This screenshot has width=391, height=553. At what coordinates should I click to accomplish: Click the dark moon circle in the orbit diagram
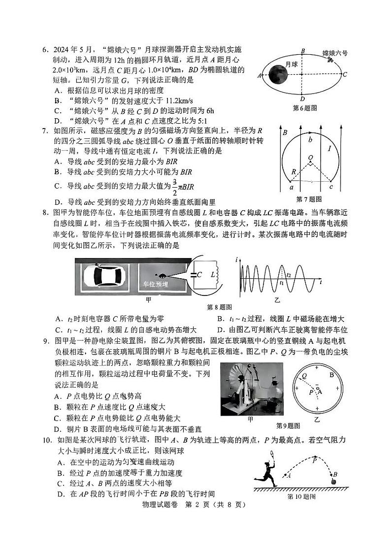coord(277,75)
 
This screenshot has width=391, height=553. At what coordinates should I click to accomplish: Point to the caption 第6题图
coord(304,107)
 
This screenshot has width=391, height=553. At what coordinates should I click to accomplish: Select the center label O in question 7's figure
coord(310,158)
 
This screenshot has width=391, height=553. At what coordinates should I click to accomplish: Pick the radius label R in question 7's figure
coord(294,172)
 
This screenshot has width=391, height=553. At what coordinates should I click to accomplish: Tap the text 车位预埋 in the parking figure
coord(155,284)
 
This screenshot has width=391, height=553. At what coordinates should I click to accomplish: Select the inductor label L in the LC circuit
coord(213,275)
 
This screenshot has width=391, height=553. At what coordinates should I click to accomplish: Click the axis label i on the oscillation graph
coord(237,260)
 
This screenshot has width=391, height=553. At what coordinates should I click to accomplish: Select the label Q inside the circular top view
coord(305,375)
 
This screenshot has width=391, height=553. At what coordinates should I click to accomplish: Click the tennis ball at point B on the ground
coord(335,482)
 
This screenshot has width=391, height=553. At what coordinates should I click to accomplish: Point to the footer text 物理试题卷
coord(162,504)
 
